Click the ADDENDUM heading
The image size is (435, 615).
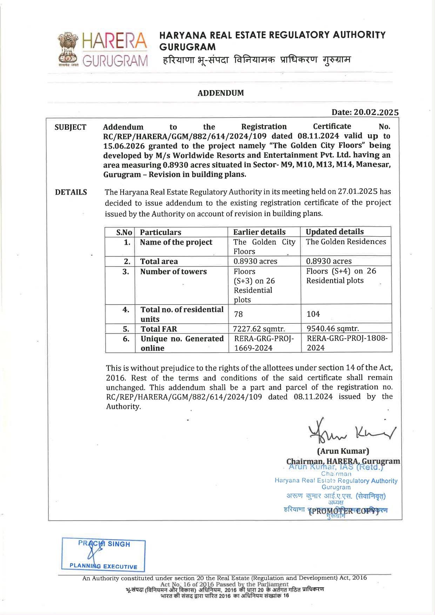(x=221, y=93)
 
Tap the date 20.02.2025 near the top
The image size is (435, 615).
(x=376, y=112)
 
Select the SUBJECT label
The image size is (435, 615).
(x=71, y=127)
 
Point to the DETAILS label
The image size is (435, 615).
(x=71, y=192)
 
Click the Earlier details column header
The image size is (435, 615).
(x=259, y=232)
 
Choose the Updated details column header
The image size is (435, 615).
(x=335, y=232)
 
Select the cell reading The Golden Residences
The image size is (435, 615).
(x=346, y=242)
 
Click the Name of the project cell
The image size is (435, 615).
(x=176, y=242)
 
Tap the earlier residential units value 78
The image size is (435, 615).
(x=239, y=314)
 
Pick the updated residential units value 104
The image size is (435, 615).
(x=313, y=314)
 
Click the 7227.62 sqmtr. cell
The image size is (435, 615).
(x=259, y=329)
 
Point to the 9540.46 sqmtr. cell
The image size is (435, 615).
(x=333, y=329)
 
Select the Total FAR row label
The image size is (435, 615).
(x=159, y=329)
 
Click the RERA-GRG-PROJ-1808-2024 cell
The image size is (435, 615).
(x=347, y=343)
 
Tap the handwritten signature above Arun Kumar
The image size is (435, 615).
(x=351, y=431)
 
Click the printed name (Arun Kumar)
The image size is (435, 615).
(x=343, y=451)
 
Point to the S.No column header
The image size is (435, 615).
(x=124, y=232)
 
